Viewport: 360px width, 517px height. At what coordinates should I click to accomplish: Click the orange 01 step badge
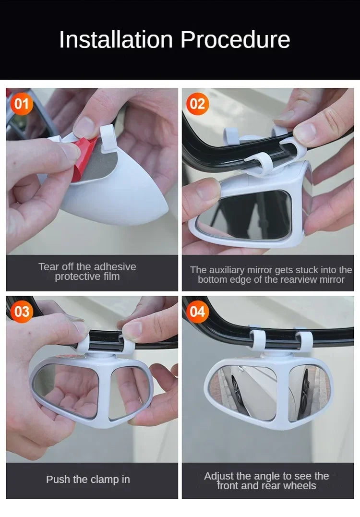22,104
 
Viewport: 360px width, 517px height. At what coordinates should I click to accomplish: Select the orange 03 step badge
22,312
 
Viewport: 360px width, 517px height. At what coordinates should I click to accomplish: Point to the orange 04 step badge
197,312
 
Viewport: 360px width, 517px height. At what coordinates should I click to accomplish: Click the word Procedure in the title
235,40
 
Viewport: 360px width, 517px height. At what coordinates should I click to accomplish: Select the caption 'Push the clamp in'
88,479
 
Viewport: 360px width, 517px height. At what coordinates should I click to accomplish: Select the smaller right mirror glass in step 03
128,391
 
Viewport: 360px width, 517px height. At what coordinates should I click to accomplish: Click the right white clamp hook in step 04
304,340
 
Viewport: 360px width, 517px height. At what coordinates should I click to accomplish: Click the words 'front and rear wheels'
266,486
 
